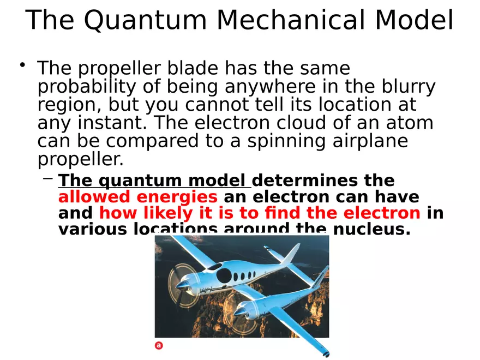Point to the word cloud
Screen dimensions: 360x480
(x=287, y=123)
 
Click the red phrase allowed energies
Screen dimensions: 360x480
(x=137, y=197)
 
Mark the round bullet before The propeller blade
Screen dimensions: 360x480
(x=22, y=66)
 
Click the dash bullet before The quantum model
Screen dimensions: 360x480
(x=48, y=178)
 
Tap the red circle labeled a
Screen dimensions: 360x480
(x=159, y=345)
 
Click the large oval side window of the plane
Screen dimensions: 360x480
(x=224, y=276)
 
